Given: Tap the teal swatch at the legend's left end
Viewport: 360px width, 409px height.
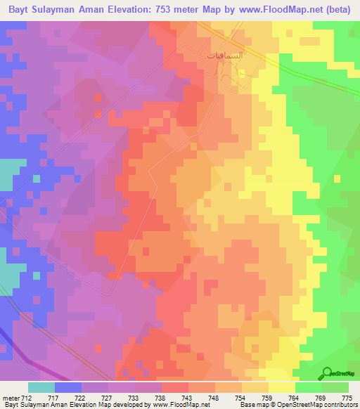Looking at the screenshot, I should tap(41, 387).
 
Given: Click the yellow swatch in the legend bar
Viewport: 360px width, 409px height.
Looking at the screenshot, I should tap(281, 387).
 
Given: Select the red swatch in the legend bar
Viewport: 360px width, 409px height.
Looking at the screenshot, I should tap(174, 387).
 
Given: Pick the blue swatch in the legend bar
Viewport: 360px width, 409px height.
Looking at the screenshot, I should tap(67, 387).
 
